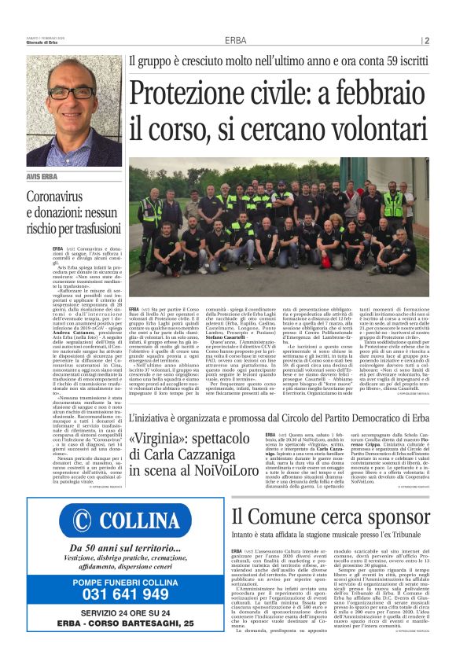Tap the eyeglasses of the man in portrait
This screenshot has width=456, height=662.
coord(72,91)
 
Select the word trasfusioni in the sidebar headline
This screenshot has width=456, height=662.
coord(91,229)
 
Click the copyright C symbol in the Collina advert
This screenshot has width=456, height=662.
coord(79,522)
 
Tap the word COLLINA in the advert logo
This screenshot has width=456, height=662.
coord(140,522)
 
